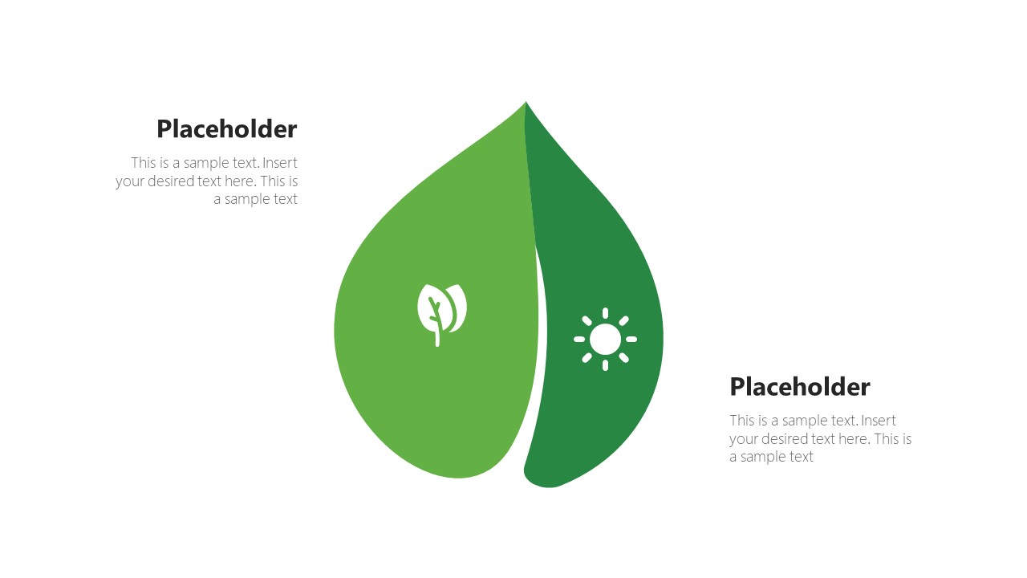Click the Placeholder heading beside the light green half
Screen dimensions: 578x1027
point(226,129)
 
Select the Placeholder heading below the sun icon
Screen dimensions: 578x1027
point(799,387)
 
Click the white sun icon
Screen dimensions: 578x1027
point(605,340)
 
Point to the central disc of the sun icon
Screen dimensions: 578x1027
point(605,340)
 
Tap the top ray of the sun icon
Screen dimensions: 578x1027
point(605,314)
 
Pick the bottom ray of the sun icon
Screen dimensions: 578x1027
point(605,365)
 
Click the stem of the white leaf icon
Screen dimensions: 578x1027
point(437,334)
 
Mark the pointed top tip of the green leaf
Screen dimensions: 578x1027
point(526,104)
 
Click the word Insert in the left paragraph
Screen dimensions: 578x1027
point(280,163)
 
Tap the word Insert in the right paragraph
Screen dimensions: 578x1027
point(879,421)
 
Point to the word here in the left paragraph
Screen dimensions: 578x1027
point(241,181)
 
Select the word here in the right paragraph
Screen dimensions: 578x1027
point(854,439)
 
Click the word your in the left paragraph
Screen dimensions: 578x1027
point(129,181)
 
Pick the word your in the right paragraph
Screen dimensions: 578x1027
point(743,439)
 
